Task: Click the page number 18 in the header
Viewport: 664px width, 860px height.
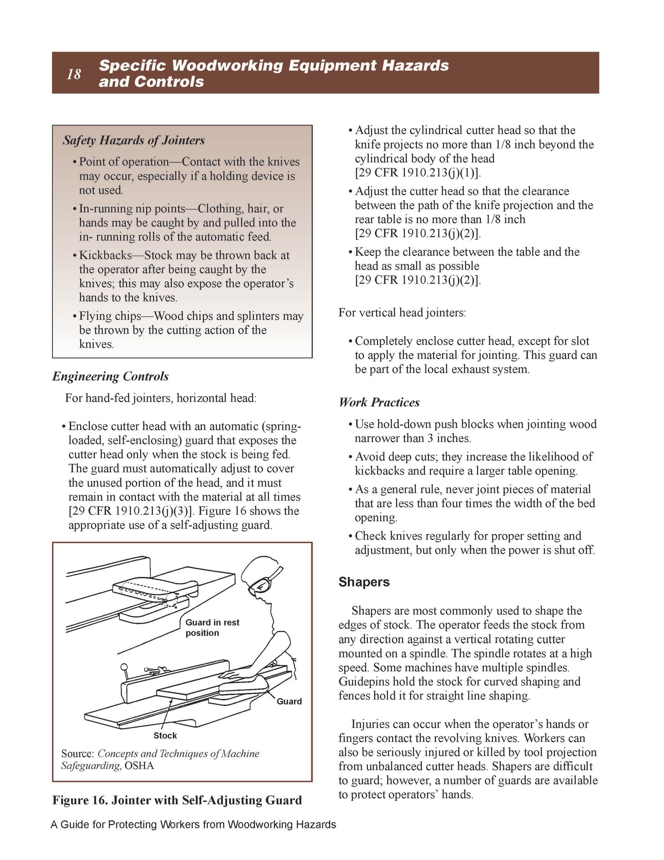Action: [74, 74]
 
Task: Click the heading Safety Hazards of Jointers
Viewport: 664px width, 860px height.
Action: [134, 140]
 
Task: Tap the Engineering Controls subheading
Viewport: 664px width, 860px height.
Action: [111, 377]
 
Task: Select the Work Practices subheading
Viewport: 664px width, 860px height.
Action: [379, 402]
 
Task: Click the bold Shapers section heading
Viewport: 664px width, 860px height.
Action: [364, 582]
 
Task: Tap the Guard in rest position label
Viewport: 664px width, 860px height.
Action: [212, 627]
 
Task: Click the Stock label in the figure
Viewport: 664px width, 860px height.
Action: [165, 735]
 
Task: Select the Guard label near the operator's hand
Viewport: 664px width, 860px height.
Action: [289, 701]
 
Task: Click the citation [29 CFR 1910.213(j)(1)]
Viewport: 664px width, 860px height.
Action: [417, 173]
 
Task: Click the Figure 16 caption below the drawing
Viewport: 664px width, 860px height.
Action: [177, 800]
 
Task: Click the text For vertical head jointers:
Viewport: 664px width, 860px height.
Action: [402, 313]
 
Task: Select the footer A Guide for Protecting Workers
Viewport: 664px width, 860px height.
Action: [193, 825]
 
